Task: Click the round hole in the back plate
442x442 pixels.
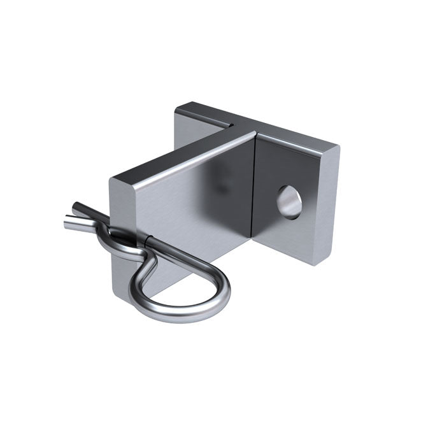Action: pyautogui.click(x=288, y=202)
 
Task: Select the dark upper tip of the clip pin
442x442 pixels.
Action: pyautogui.click(x=74, y=206)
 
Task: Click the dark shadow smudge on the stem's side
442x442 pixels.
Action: pyautogui.click(x=220, y=185)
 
